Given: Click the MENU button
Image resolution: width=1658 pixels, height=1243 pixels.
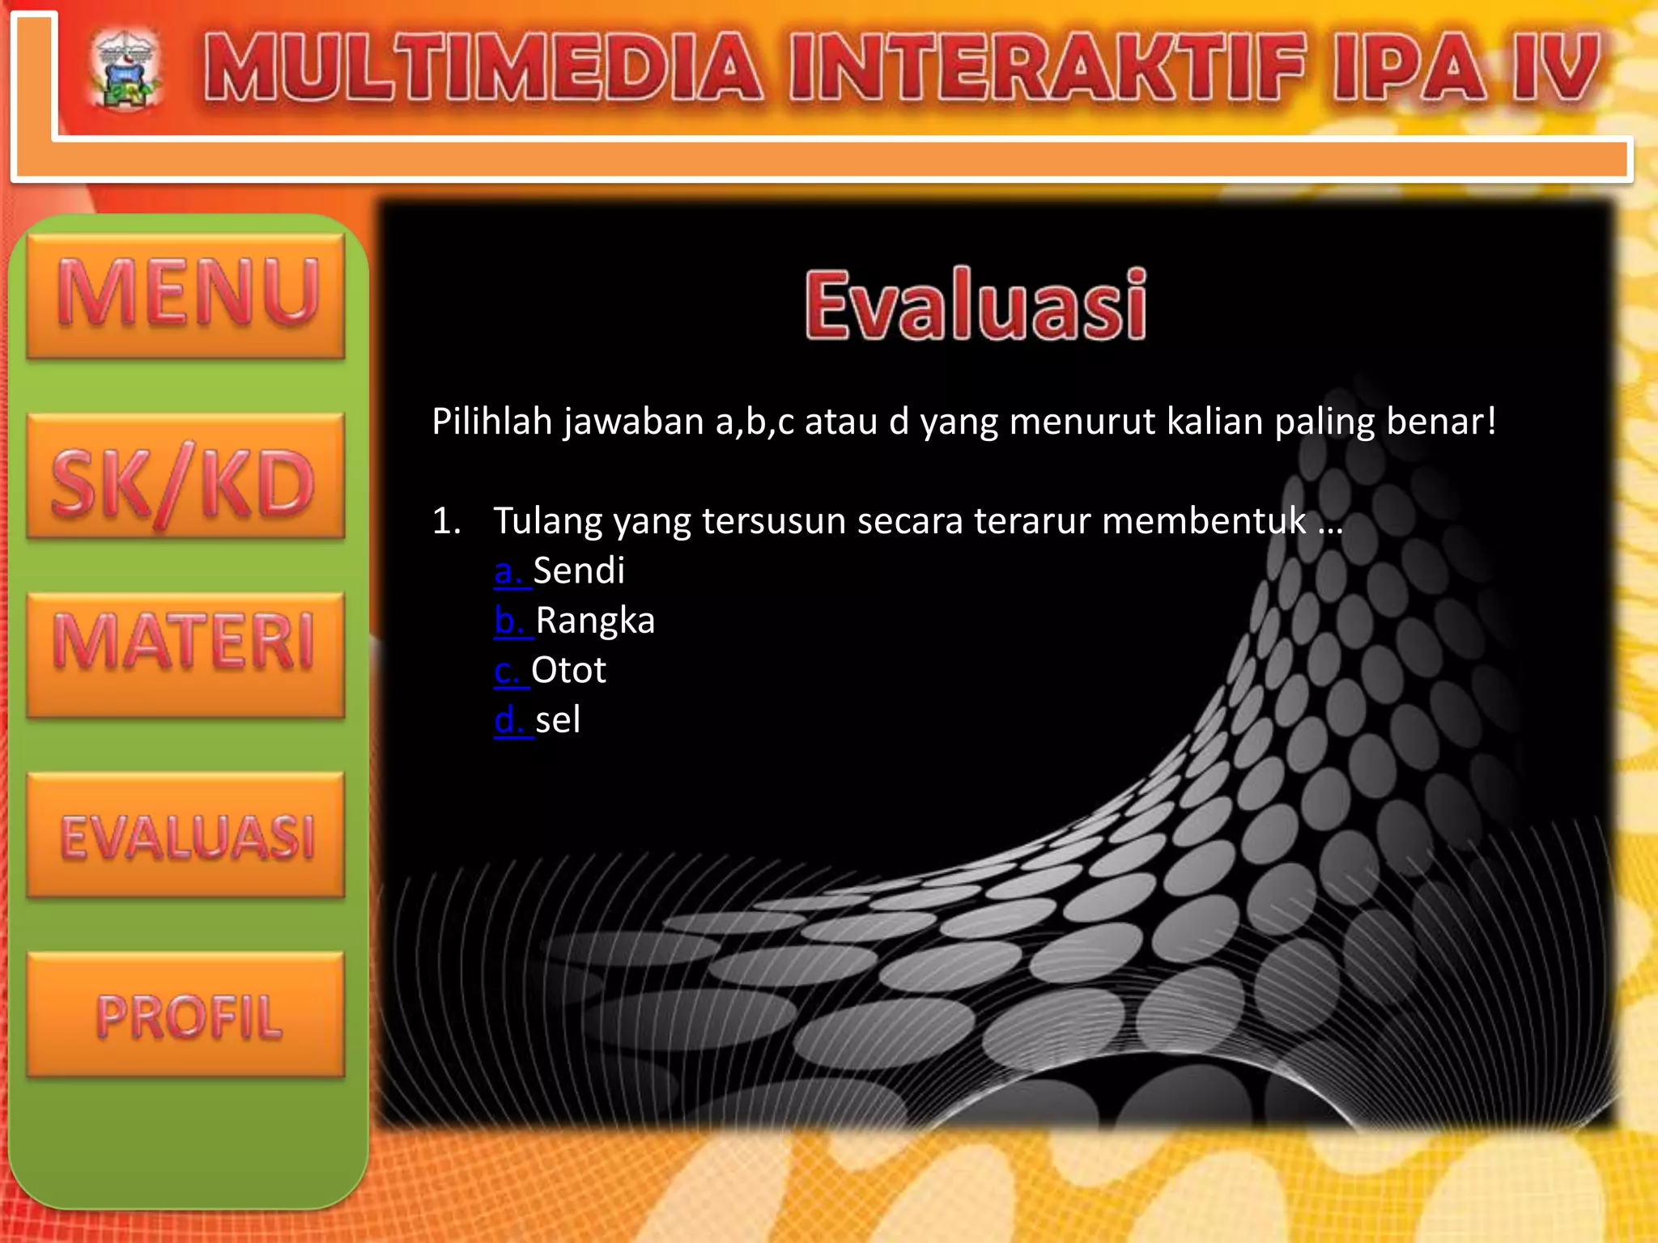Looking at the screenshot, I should coord(185,295).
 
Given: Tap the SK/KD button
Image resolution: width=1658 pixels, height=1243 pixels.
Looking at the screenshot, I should coord(185,477).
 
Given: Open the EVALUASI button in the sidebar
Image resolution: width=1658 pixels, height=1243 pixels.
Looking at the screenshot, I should coord(185,835).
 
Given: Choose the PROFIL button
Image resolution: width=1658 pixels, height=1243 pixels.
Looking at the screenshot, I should coord(185,1015).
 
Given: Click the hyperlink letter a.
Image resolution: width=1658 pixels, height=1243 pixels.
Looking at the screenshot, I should coord(508,571).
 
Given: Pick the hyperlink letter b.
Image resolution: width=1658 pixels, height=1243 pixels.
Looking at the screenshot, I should coord(508,621).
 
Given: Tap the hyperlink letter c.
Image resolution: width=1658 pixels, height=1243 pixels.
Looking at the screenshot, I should coord(507,671).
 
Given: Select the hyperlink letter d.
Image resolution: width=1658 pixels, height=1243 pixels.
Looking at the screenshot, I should coord(508,720).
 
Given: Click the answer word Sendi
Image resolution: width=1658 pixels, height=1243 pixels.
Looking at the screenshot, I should coord(579,571).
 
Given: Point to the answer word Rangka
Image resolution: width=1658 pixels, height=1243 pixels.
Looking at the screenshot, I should coord(595,621).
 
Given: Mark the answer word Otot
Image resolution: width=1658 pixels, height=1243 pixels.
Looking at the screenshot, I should coord(568,671).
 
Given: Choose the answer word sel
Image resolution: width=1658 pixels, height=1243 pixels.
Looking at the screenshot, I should coord(558,720).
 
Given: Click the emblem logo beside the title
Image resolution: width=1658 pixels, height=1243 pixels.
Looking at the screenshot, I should coord(125,70).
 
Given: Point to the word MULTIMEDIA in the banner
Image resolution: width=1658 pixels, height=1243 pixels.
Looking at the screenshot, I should coord(483,68).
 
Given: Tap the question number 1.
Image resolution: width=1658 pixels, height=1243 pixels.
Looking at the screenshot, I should coord(446,521).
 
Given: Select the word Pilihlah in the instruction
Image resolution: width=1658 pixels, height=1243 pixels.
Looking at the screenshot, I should coord(491,422).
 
